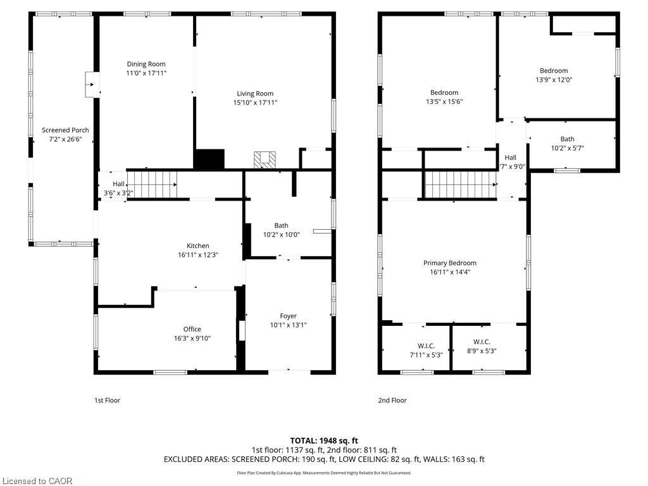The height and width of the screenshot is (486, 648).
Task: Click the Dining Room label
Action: [x=146, y=64]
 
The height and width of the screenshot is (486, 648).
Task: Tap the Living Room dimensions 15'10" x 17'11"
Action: [x=255, y=103]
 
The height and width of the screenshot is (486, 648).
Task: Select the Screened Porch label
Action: [x=65, y=130]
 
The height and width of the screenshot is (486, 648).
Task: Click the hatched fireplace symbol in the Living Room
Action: [x=265, y=160]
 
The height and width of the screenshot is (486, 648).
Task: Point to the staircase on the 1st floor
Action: [x=152, y=185]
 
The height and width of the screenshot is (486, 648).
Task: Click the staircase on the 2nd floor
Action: [x=461, y=185]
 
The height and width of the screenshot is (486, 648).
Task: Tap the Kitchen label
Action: [x=198, y=246]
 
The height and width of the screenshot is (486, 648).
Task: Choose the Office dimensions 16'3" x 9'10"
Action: [x=192, y=339]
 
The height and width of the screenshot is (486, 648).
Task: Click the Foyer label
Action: [x=288, y=316]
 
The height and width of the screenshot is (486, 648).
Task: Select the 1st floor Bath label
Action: [x=282, y=226]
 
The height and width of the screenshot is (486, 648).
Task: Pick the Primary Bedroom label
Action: [x=450, y=263]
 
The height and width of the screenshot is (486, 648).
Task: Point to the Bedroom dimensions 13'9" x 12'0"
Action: [x=554, y=80]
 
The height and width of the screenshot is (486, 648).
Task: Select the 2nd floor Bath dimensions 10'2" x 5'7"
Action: [x=568, y=148]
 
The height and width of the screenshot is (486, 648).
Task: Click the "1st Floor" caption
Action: [x=107, y=400]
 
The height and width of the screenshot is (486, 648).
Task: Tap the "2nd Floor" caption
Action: [x=392, y=400]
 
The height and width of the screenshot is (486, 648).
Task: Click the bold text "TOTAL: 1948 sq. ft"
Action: [x=324, y=440]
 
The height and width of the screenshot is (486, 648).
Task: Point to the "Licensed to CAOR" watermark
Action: [x=37, y=481]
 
